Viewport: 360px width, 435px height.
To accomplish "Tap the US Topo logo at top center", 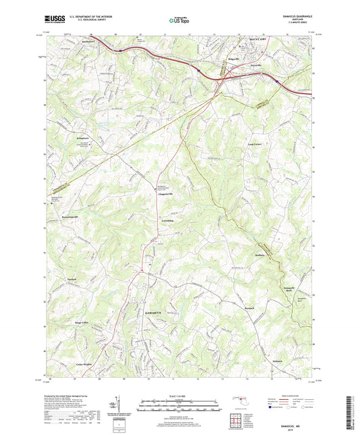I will point(178,22).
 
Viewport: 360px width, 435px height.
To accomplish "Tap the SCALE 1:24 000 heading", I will point(180,396).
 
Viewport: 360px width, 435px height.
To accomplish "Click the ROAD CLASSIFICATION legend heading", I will point(287,396).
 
